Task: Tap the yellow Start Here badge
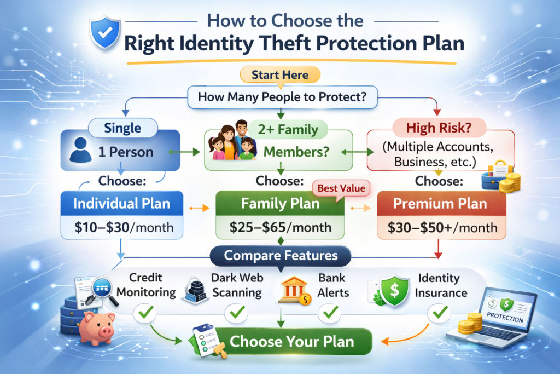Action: click(x=280, y=74)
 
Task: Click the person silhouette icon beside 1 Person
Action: click(x=81, y=151)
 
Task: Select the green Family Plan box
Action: click(x=280, y=204)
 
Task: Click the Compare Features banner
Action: click(x=281, y=255)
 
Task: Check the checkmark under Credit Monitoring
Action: click(x=145, y=313)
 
